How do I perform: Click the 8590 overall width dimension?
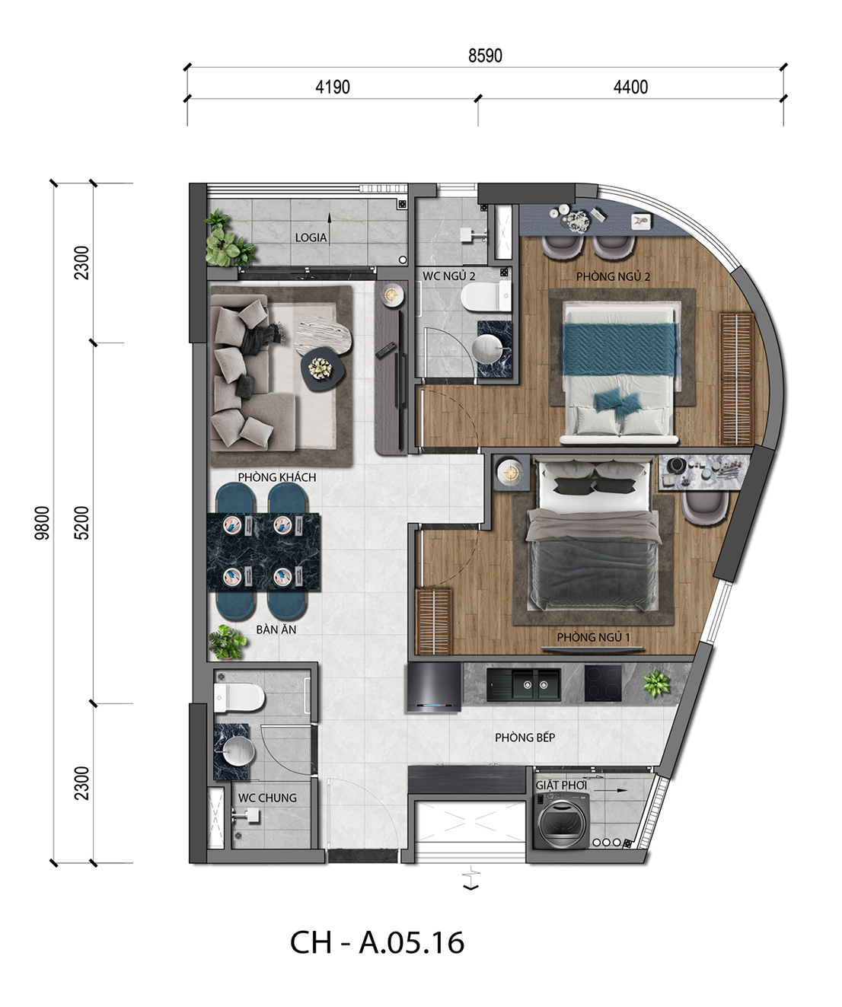tap(485, 56)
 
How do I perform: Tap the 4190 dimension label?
tap(333, 88)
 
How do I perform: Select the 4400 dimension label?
tap(630, 88)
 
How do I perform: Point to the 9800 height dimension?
tap(43, 523)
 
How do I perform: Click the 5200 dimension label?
tap(82, 523)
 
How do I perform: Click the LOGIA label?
tap(311, 237)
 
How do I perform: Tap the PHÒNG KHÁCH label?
tap(277, 477)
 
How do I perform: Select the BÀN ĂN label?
tap(276, 629)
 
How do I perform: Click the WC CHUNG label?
tap(267, 798)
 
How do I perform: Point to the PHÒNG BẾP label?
tap(525, 738)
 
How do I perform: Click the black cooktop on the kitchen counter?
tap(603, 683)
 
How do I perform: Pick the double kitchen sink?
tap(524, 684)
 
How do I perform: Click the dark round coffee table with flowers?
tap(323, 369)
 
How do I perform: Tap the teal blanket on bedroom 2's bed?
tap(620, 349)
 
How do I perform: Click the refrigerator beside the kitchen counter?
tap(434, 687)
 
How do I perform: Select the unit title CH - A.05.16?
tap(377, 942)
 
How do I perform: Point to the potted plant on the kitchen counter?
tap(656, 683)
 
